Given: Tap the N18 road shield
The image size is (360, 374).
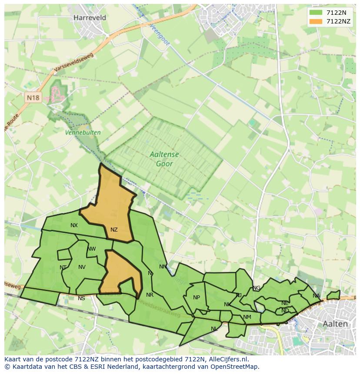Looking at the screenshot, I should pos(33,98).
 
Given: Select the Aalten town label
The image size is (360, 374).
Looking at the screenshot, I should pos(335,324).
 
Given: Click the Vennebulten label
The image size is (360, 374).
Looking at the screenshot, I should pos(83,132).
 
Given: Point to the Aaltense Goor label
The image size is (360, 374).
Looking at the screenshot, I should pos(164,159).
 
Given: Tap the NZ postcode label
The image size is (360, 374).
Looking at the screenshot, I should pos(114,230).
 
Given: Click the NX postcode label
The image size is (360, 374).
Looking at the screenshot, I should pos(74,225).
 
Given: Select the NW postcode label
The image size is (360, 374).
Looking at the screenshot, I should pos(91,249).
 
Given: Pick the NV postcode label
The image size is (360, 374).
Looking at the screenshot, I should pos(82,267).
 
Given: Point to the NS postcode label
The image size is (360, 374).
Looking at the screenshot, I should pos(81,298).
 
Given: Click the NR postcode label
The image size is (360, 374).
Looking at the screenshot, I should pos(150,295).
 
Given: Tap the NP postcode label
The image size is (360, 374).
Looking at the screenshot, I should pos(197,298).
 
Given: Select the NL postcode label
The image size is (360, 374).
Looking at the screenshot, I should pos(214,329).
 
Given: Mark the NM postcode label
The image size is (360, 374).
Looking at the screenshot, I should pos(247,317).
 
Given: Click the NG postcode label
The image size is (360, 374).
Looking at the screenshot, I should pos(257,288).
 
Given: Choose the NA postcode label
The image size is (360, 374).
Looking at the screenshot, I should pos(316,296).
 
